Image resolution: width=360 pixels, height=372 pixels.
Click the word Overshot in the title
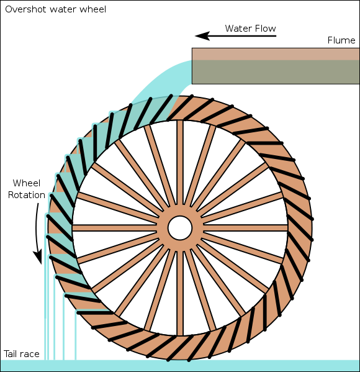pyautogui.click(x=24, y=9)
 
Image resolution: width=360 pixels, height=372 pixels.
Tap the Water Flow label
pyautogui.click(x=250, y=29)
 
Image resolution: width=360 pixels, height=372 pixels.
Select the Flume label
pyautogui.click(x=341, y=40)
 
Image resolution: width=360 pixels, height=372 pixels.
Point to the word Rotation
pyautogui.click(x=26, y=195)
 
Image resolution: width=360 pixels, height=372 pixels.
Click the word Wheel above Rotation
pyautogui.click(x=27, y=183)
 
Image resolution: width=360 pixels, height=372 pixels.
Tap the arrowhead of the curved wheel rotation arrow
pyautogui.click(x=38, y=256)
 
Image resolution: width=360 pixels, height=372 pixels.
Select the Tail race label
pyautogui.click(x=22, y=354)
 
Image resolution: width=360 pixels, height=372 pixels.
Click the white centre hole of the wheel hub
pyautogui.click(x=180, y=227)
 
